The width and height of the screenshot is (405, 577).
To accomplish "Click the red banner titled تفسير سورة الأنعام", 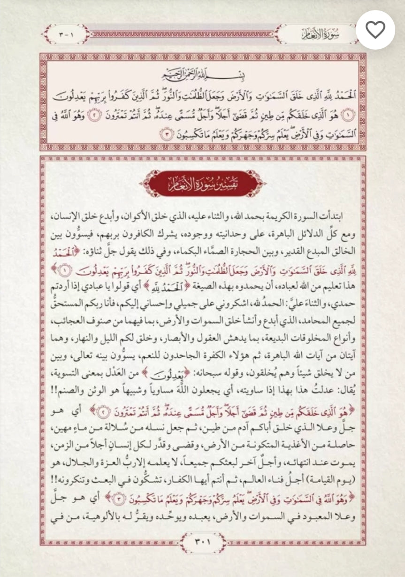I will pyautogui.click(x=202, y=183).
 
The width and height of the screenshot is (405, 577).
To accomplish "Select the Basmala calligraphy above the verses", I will pyautogui.click(x=203, y=75).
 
